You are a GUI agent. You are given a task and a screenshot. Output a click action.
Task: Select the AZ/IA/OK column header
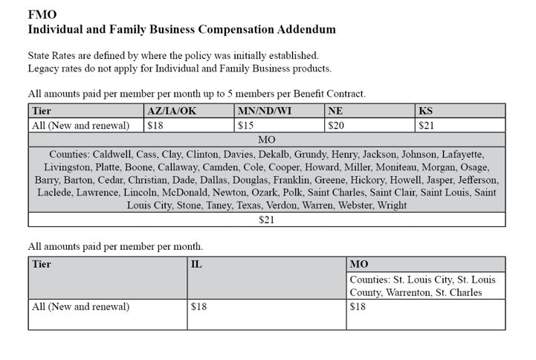tap(175, 111)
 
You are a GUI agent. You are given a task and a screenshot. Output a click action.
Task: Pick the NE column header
tap(335, 111)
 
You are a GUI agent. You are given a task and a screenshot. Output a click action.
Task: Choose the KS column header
tap(426, 111)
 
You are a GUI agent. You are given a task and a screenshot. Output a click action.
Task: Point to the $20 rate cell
tap(336, 125)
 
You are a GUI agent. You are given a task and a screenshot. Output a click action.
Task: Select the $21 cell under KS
tap(427, 125)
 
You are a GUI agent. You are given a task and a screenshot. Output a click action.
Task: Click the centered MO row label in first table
tap(266, 139)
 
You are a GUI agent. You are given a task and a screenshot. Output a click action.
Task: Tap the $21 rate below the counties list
tap(266, 220)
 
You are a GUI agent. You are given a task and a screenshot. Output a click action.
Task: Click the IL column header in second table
tap(196, 264)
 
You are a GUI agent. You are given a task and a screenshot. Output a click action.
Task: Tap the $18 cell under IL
tap(198, 306)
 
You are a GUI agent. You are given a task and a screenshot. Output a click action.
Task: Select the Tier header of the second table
tap(42, 264)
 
